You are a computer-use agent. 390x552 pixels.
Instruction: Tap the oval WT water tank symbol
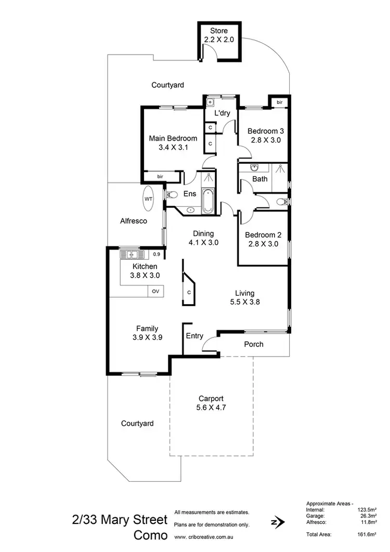pyautogui.click(x=148, y=199)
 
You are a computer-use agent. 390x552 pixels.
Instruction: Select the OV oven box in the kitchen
pyautogui.click(x=155, y=291)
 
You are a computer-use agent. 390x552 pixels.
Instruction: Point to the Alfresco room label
pyautogui.click(x=134, y=221)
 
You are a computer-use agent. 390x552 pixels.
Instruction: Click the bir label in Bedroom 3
pyautogui.click(x=279, y=102)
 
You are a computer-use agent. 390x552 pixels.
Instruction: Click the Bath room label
pyautogui.click(x=260, y=179)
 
